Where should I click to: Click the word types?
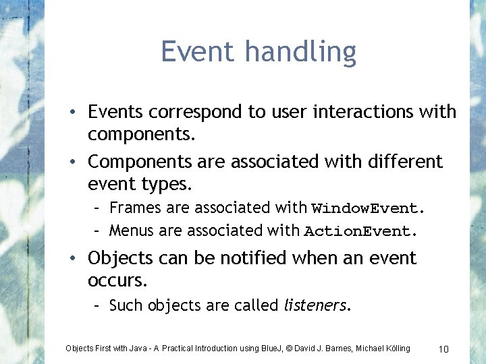click(x=163, y=184)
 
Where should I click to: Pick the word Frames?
click(x=132, y=208)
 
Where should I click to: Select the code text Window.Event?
click(x=369, y=208)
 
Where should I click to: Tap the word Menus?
click(x=131, y=231)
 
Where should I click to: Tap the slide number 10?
click(x=443, y=348)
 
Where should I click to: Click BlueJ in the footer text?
click(x=269, y=348)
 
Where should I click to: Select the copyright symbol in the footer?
click(x=288, y=348)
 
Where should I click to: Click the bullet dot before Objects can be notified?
click(x=78, y=259)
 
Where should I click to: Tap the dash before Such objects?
click(x=98, y=305)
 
